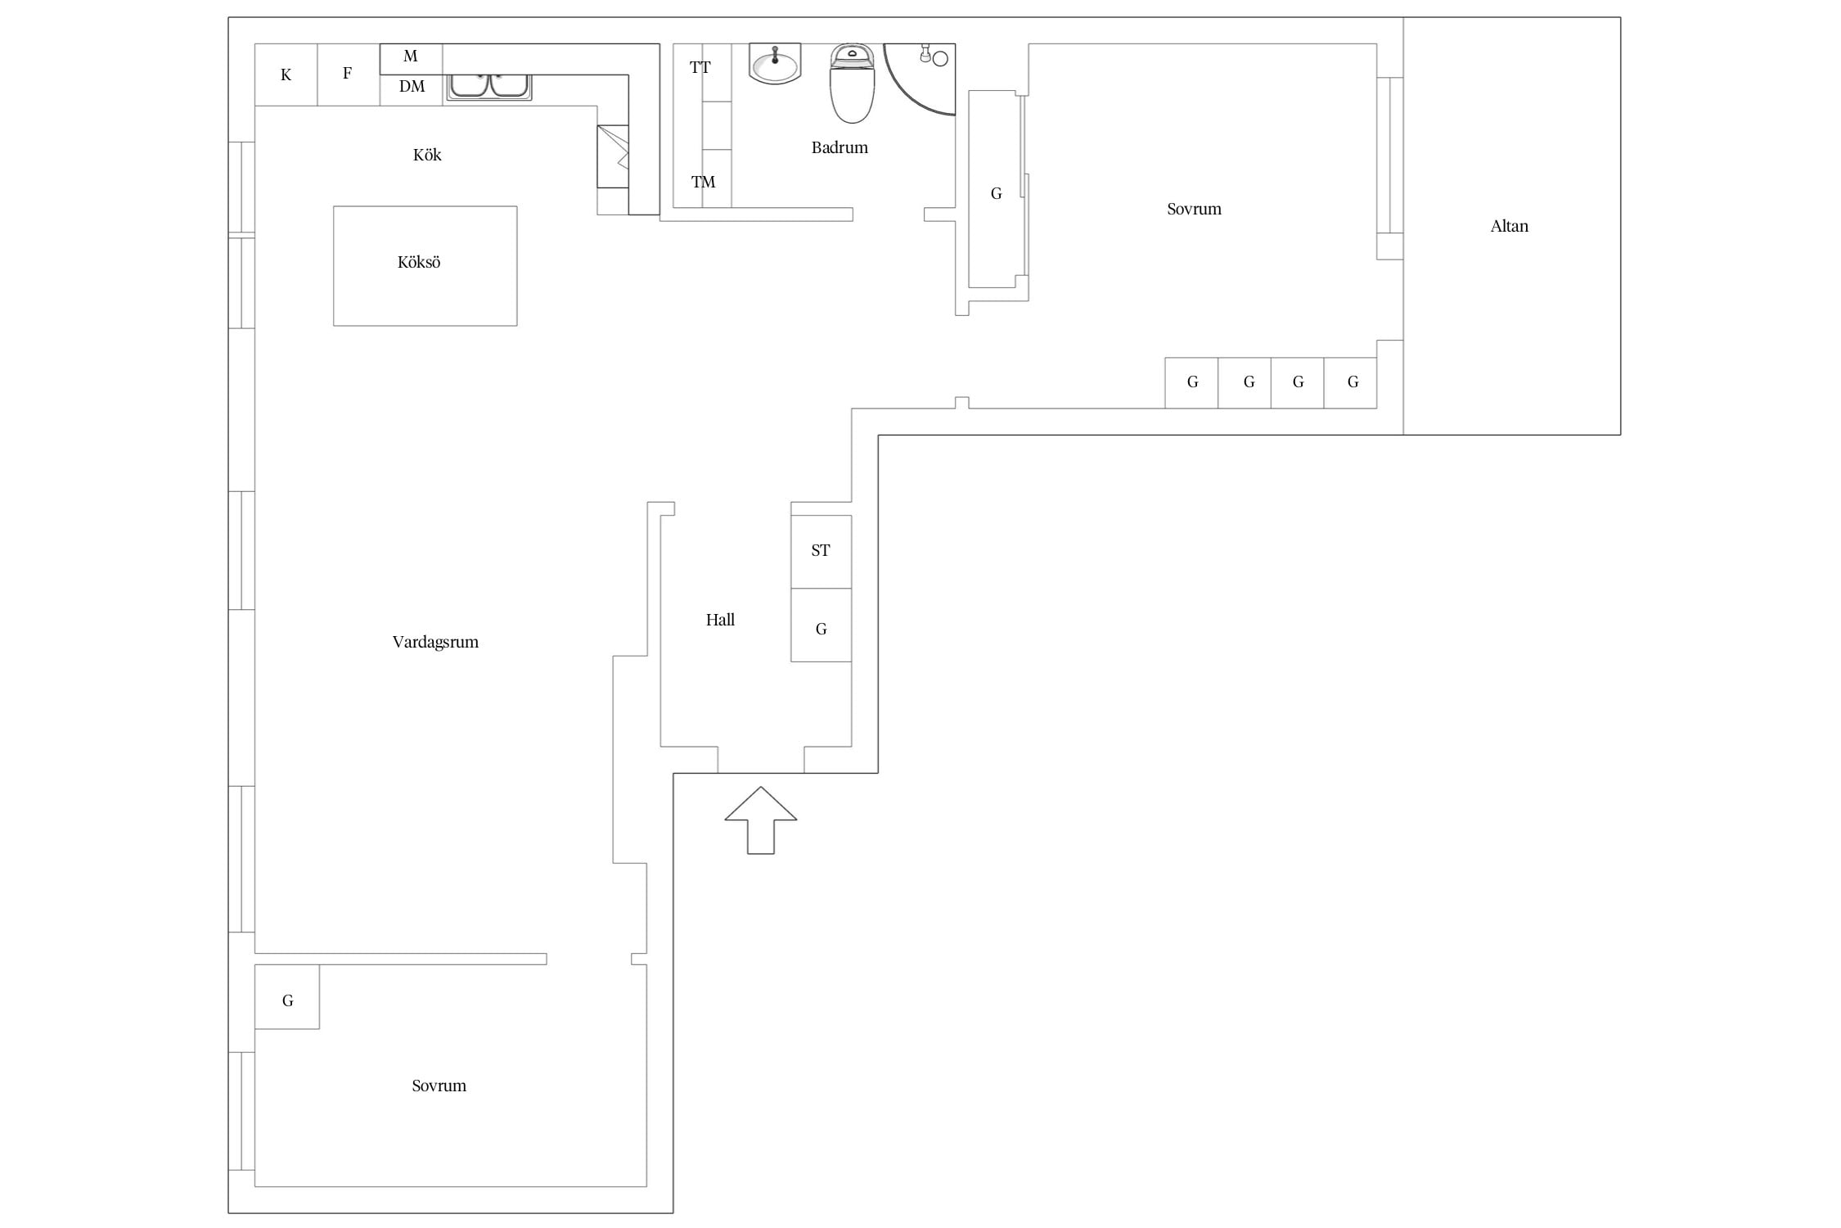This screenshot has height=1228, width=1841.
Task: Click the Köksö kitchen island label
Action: click(419, 263)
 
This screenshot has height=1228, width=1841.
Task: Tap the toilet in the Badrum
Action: click(852, 84)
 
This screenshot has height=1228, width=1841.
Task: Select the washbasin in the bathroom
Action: click(775, 64)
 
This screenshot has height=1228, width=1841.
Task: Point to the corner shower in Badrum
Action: click(920, 79)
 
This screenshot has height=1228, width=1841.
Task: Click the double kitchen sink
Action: click(489, 87)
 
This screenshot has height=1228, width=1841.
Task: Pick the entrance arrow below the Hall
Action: click(760, 820)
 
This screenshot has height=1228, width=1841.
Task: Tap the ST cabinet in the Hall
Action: click(821, 552)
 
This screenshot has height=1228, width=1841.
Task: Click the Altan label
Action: click(1510, 226)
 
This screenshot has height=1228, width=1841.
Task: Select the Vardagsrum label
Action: click(435, 643)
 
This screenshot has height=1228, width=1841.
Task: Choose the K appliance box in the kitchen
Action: click(286, 74)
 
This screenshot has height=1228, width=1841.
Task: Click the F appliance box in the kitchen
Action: click(349, 74)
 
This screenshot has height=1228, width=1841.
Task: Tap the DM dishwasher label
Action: click(412, 86)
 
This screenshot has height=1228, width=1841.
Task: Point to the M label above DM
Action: click(411, 56)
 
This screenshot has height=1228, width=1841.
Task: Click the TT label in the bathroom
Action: click(700, 67)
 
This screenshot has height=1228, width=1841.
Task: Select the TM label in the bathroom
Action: click(703, 182)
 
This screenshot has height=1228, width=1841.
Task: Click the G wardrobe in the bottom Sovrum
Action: click(287, 997)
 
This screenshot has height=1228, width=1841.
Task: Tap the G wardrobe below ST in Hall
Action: click(821, 625)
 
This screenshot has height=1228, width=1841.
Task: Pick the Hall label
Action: click(720, 620)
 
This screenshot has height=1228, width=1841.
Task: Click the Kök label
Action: click(427, 155)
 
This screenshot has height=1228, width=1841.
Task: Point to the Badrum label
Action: click(839, 147)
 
